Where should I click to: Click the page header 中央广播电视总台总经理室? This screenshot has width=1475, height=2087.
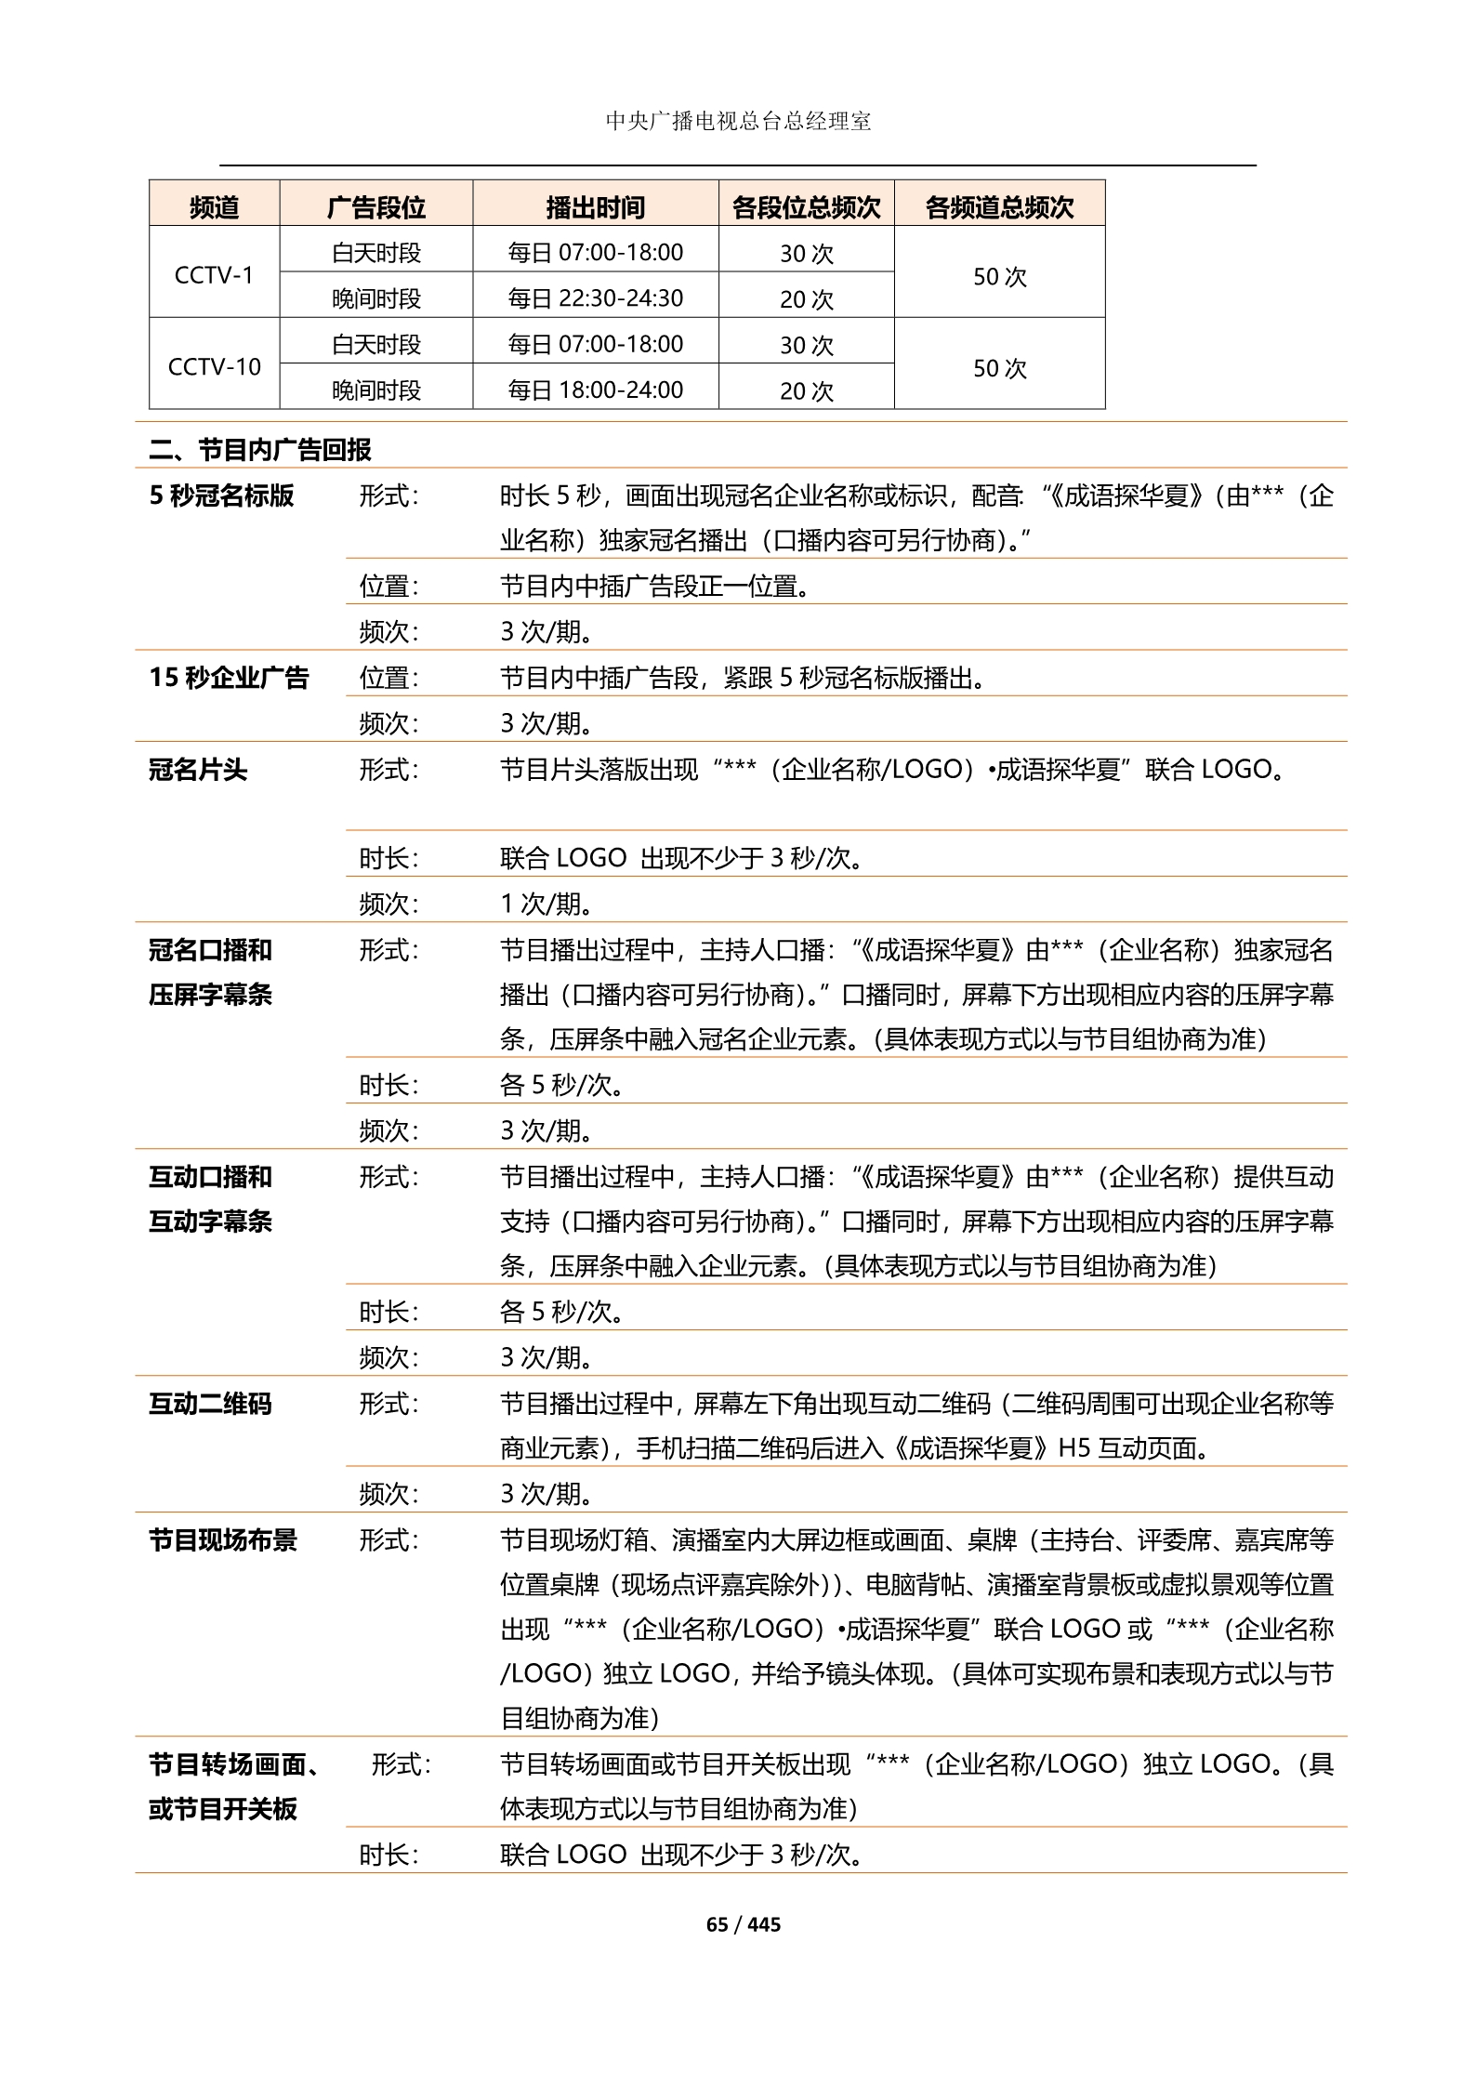click(x=738, y=122)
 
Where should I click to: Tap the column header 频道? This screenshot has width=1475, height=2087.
click(x=214, y=207)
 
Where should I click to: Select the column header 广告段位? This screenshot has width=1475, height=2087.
click(x=375, y=207)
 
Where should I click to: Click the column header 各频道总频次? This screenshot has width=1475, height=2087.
click(x=999, y=207)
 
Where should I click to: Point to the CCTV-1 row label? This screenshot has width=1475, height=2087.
click(x=214, y=275)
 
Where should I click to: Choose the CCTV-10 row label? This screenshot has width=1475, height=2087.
click(x=214, y=366)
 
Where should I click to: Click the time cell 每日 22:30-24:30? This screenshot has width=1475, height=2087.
click(x=595, y=297)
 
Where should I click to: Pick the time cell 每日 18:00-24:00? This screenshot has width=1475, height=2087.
click(x=595, y=390)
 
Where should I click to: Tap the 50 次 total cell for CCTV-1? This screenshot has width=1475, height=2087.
click(x=999, y=276)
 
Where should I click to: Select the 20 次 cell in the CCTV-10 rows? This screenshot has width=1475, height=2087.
click(x=806, y=390)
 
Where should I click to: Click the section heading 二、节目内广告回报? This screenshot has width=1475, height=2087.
click(x=260, y=450)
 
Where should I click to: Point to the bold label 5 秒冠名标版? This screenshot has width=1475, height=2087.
click(x=221, y=495)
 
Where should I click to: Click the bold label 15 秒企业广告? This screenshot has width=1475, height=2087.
click(x=229, y=677)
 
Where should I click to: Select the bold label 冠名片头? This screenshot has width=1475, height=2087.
click(x=198, y=769)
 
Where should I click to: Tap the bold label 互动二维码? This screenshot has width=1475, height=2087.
click(x=210, y=1403)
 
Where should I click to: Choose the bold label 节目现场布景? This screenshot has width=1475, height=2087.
click(x=223, y=1539)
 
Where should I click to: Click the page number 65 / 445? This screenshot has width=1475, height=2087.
click(x=744, y=1923)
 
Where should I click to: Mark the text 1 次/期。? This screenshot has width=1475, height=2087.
click(x=547, y=903)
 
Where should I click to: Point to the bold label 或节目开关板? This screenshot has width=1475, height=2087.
click(x=223, y=1808)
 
